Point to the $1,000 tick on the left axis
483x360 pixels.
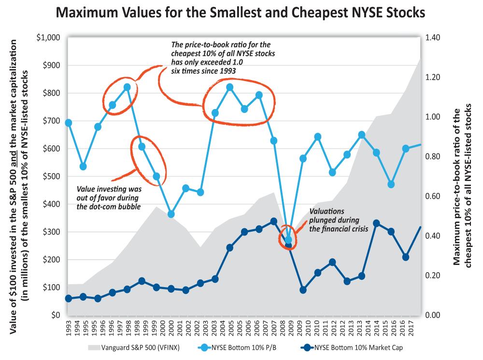click(48, 38)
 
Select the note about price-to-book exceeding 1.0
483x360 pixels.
click(224, 57)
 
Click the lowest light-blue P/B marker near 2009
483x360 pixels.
click(288, 240)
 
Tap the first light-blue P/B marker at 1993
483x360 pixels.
click(69, 123)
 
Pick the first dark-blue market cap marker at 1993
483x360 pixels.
click(69, 299)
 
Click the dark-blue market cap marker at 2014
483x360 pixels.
click(376, 223)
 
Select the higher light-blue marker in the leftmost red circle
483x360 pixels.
click(127, 87)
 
